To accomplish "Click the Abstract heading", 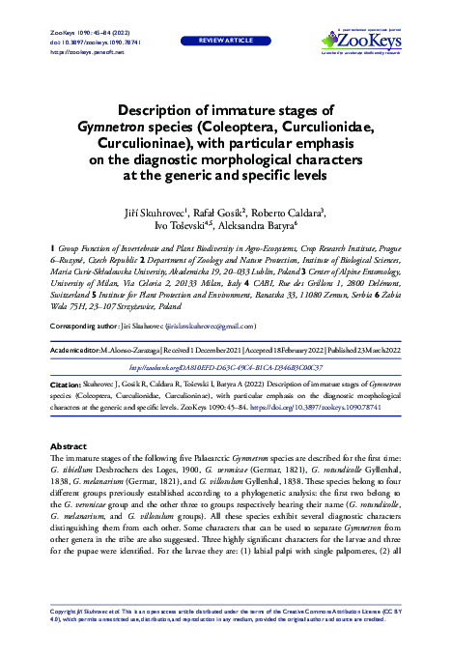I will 68,445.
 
